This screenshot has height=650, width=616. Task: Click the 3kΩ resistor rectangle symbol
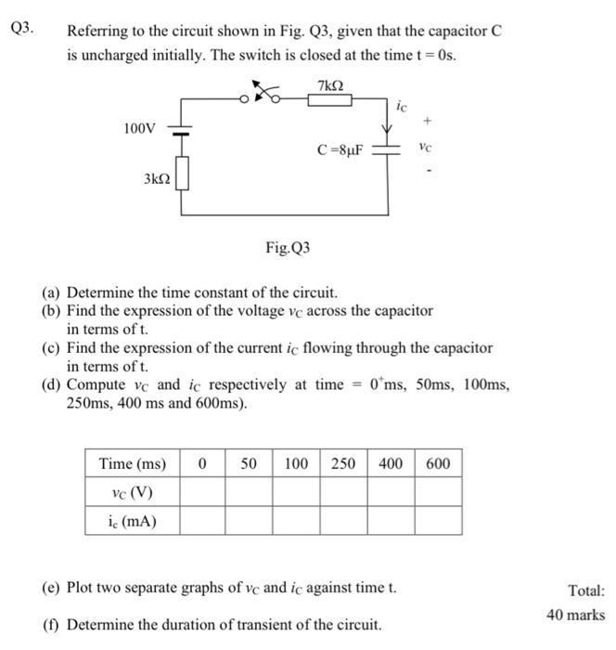[x=183, y=174]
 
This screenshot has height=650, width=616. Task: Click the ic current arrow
[x=388, y=119]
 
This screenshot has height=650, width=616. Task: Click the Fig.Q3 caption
[x=288, y=248]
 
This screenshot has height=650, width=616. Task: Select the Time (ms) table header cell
[x=133, y=463]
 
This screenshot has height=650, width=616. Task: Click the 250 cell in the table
[x=343, y=463]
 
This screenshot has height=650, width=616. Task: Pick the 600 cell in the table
[x=438, y=463]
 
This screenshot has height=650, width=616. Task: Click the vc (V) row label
[x=133, y=492]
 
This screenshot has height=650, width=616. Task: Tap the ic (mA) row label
[x=133, y=521]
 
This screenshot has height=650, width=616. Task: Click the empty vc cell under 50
[x=249, y=492]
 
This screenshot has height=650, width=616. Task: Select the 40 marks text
[x=575, y=615]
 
